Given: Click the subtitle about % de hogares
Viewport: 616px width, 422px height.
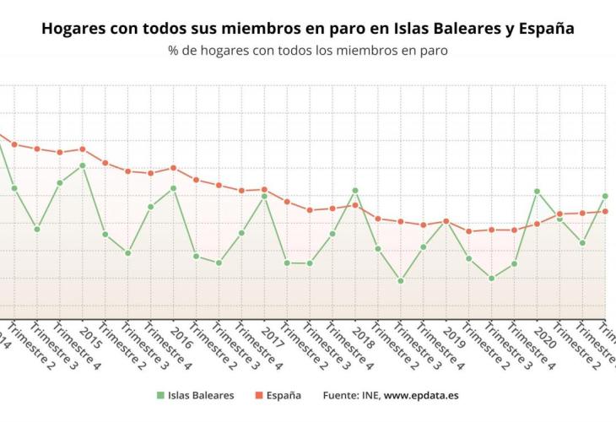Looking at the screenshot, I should (x=307, y=51).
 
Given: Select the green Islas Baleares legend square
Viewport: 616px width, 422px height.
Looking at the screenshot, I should (x=159, y=395).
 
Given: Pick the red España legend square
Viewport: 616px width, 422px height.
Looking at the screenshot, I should (x=257, y=395).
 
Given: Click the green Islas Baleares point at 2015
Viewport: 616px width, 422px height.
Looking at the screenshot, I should (x=83, y=165).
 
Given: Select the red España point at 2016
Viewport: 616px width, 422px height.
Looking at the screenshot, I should (x=173, y=168).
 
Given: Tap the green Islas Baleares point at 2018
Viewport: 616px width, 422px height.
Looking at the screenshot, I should (x=355, y=191).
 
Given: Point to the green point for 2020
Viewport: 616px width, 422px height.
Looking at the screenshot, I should (x=537, y=192).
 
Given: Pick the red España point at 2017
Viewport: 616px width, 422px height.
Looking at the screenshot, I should (x=264, y=189).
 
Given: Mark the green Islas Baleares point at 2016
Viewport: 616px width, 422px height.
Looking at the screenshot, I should (x=173, y=188).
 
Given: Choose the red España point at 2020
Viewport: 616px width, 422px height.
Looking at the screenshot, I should (x=537, y=224).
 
